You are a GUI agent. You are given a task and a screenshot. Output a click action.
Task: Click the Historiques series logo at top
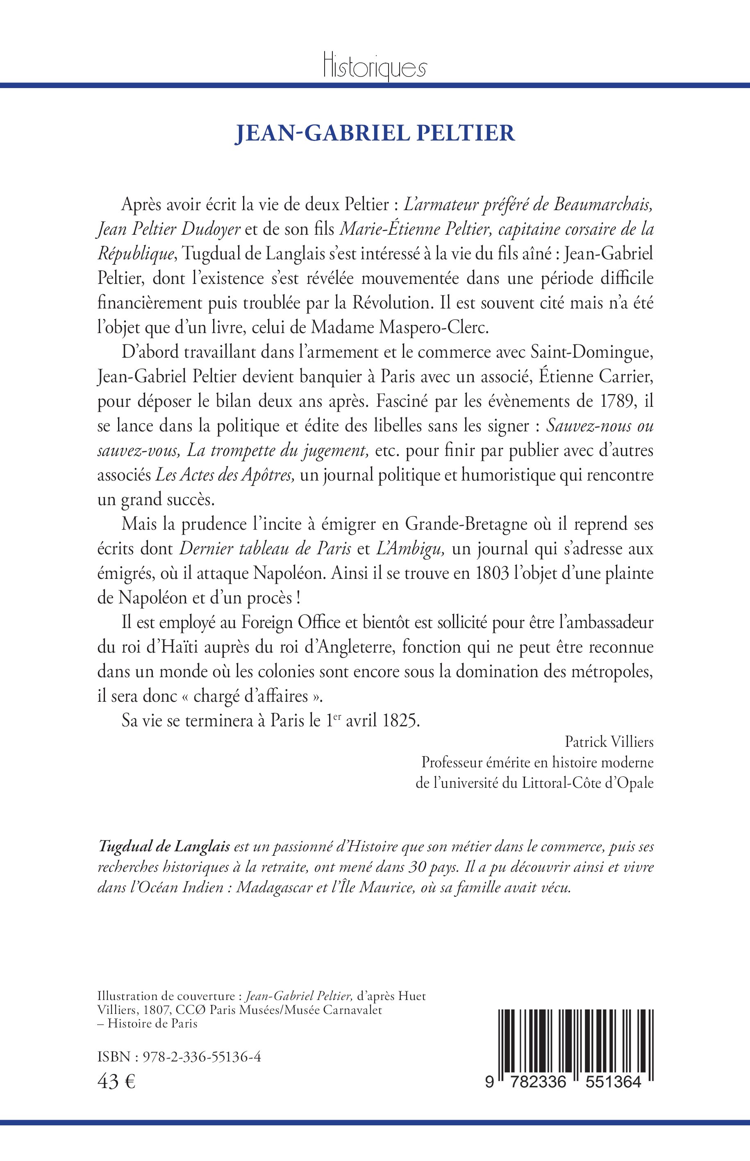[x=375, y=67]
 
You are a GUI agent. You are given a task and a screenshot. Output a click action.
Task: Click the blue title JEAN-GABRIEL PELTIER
[x=375, y=133]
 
